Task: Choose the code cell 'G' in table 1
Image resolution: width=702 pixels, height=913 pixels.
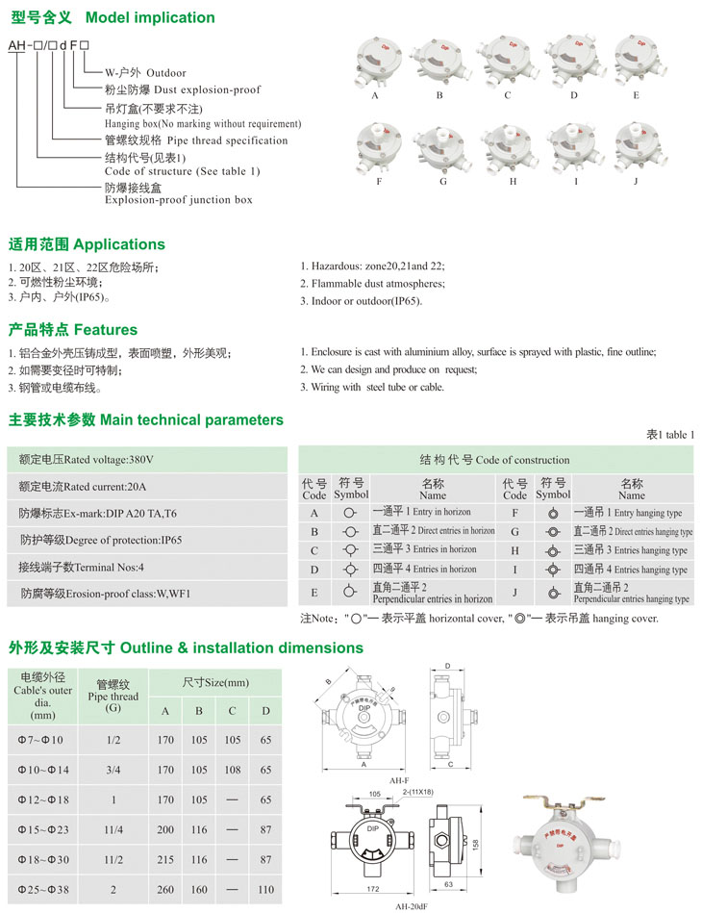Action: coord(514,531)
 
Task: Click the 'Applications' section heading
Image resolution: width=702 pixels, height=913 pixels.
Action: coord(87,244)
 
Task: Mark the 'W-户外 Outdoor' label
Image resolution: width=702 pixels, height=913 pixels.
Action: coord(145,73)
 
